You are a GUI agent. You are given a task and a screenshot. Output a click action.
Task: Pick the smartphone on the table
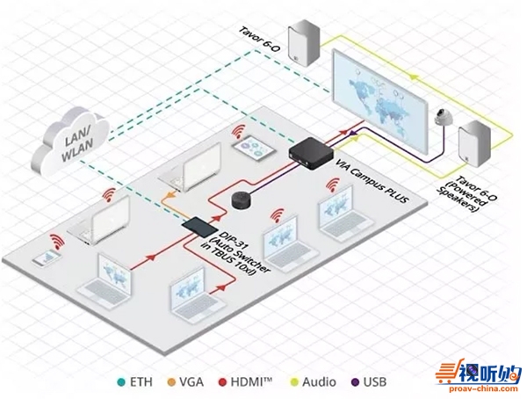[x=42, y=259]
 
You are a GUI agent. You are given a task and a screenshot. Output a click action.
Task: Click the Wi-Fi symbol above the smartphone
[x=57, y=241]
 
